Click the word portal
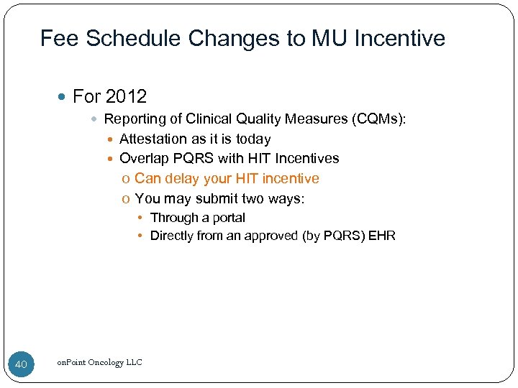click(227, 218)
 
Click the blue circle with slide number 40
click(21, 364)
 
